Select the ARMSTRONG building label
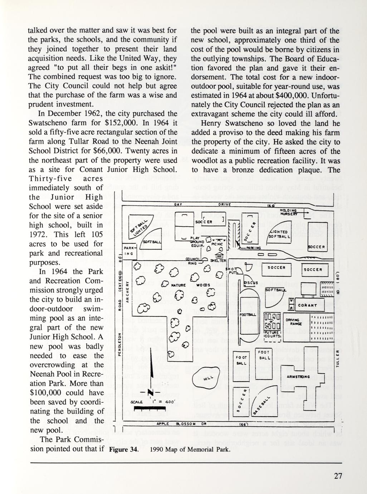coord(298,377)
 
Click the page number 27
coord(338,476)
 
